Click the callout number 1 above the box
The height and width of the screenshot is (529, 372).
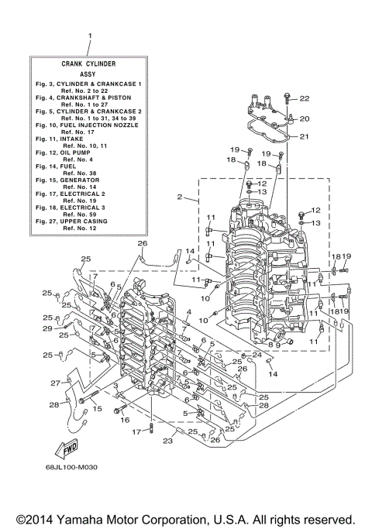[x=91, y=36]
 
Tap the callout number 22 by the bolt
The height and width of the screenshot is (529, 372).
[x=304, y=98]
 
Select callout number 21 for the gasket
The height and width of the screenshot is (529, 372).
[x=304, y=137]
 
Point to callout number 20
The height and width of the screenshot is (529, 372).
[x=304, y=119]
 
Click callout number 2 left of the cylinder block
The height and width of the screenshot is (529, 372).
[x=179, y=198]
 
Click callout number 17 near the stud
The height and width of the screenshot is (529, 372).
[x=135, y=431]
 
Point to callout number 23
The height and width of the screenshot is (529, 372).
[x=166, y=441]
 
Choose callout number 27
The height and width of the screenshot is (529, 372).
[x=56, y=383]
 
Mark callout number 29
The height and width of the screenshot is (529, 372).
[x=48, y=329]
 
